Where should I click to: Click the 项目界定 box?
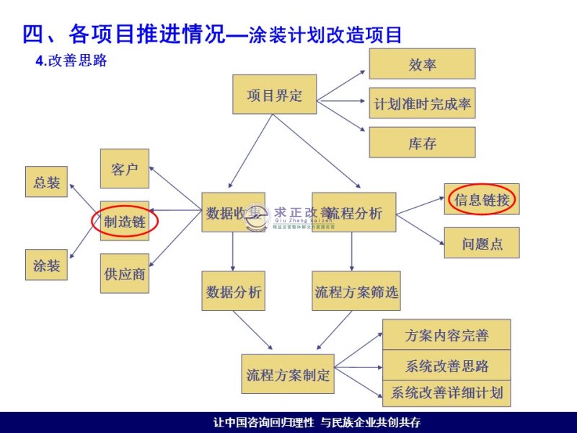click(x=275, y=95)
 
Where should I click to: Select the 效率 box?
click(x=422, y=64)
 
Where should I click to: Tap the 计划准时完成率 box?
click(x=422, y=103)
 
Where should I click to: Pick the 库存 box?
click(x=422, y=142)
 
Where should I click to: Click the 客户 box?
click(x=125, y=169)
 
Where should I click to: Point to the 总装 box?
click(x=47, y=182)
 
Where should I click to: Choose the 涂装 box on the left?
click(x=47, y=265)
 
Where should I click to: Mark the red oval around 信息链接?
click(x=481, y=199)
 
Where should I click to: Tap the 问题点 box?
click(x=481, y=243)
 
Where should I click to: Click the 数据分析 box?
click(x=233, y=292)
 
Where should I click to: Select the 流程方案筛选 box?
click(x=356, y=292)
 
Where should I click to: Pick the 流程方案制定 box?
click(x=288, y=374)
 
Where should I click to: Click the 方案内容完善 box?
click(x=446, y=335)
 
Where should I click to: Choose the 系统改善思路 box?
click(x=446, y=365)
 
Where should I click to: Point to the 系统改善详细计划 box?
click(x=446, y=393)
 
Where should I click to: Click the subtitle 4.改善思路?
click(x=71, y=61)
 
